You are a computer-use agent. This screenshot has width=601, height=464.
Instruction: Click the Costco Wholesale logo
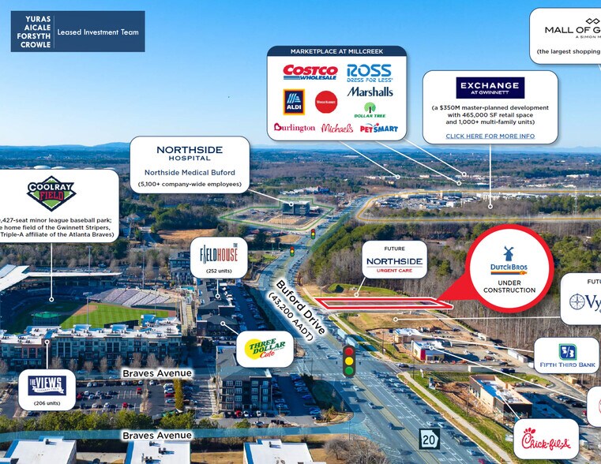coord(310,72)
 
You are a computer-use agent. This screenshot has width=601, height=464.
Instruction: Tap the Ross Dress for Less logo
coord(369,73)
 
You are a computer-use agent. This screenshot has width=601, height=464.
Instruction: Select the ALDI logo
coord(294,101)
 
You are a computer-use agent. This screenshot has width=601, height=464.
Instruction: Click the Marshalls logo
coord(370,92)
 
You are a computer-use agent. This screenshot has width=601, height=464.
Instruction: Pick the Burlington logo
coord(295,127)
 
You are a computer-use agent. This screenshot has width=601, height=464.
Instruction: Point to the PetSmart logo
coord(379,127)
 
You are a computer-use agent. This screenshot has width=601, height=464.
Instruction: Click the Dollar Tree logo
coord(369,110)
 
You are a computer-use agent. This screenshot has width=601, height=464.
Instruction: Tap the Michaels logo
coord(337,127)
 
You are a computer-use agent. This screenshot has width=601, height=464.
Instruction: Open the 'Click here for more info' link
coord(490,137)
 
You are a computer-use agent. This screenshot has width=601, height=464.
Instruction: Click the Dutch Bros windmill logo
coord(509,254)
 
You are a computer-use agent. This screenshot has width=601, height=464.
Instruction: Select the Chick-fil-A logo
coord(545,439)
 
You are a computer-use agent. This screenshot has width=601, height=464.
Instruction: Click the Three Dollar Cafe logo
coord(259,348)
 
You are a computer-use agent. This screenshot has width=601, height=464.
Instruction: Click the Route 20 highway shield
coord(429,439)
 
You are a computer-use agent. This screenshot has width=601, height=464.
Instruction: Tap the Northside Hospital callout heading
coord(190,153)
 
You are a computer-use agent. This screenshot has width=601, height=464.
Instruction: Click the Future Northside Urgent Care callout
coord(395,260)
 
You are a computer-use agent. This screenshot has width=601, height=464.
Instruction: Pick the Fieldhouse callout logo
coord(219,254)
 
